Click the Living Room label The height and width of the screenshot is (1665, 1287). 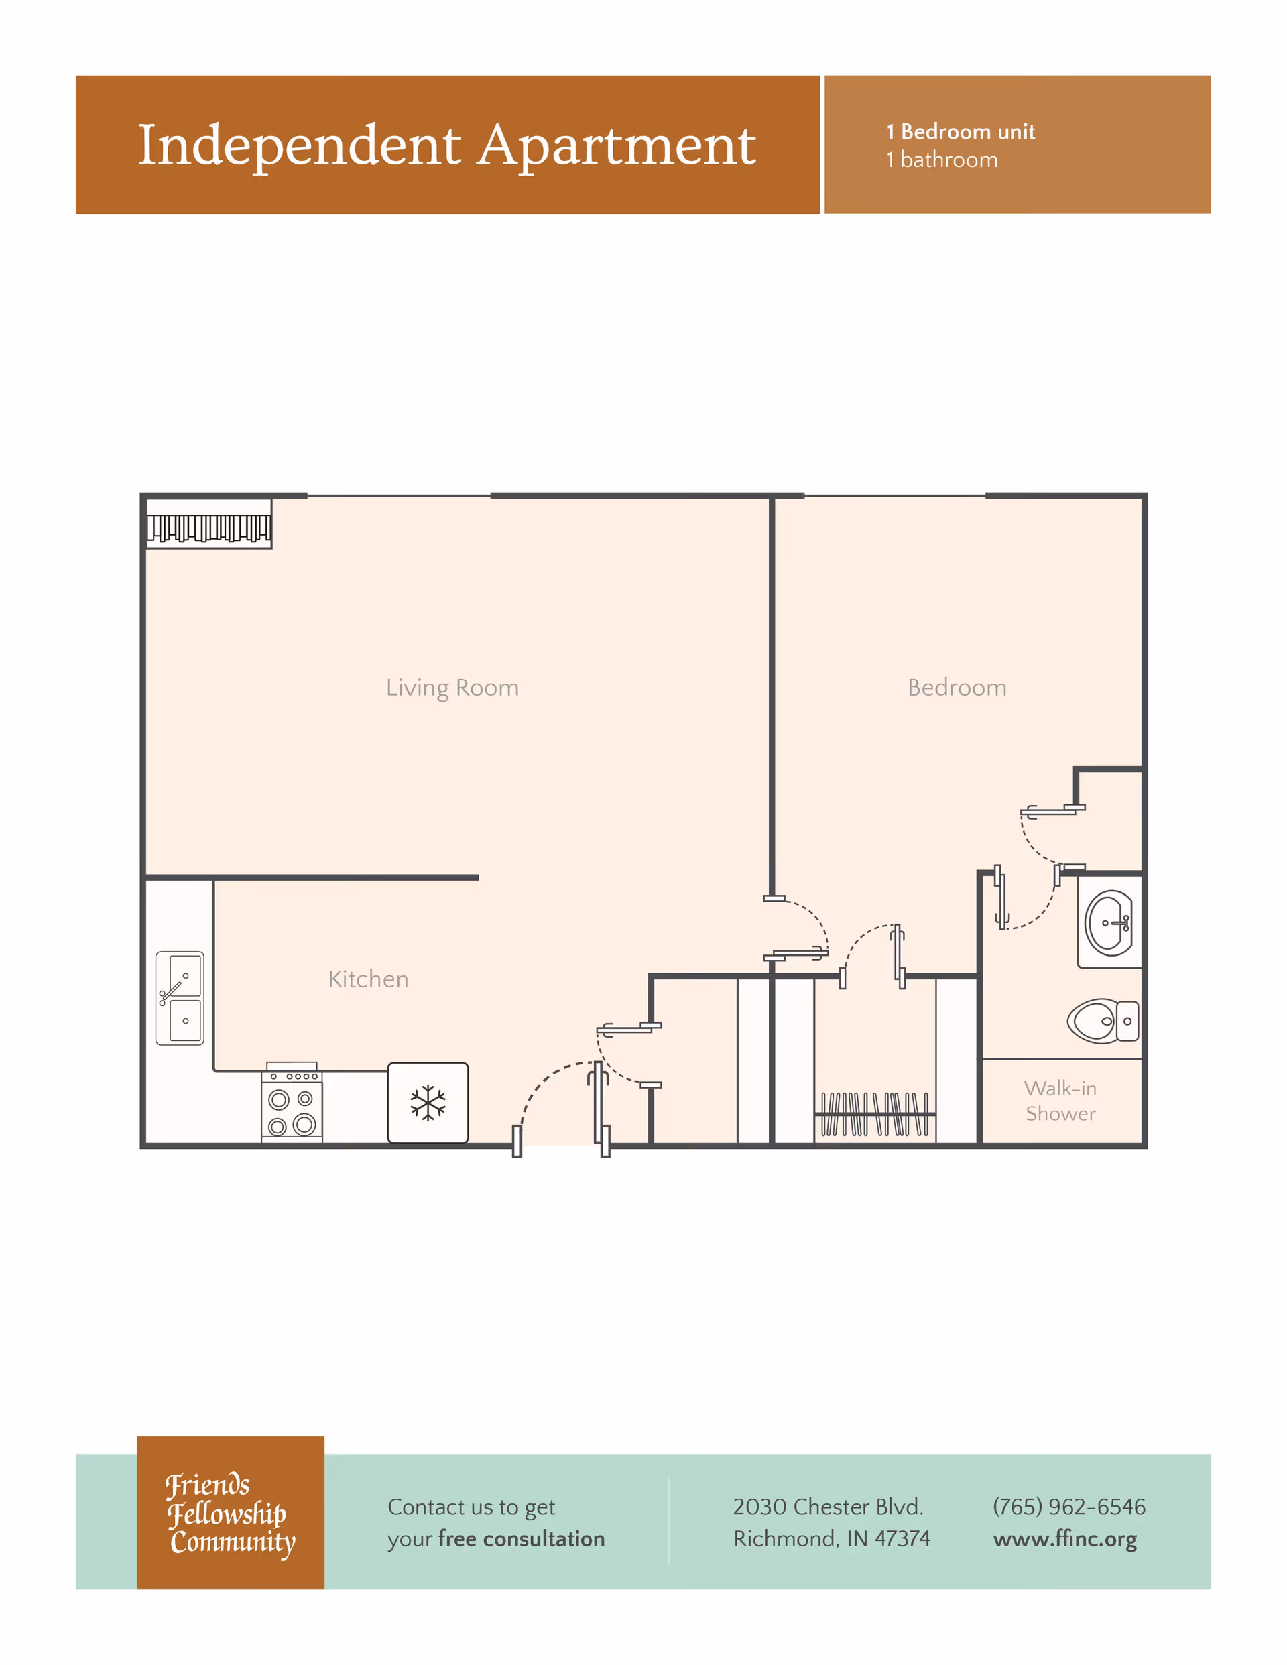point(452,688)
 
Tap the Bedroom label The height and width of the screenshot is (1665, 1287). point(957,688)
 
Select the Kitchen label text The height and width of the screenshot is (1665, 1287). point(368,979)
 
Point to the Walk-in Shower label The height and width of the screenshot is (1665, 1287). point(1060,1101)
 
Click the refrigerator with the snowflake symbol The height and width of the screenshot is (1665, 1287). point(428,1103)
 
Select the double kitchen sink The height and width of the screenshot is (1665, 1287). point(179,998)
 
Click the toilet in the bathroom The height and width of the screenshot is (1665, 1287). point(1102,1021)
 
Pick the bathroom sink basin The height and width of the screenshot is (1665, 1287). point(1109,923)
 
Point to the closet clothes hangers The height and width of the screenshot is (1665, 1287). point(875,1115)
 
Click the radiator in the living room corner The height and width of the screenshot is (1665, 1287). point(208,527)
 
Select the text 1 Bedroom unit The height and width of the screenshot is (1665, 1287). point(960,132)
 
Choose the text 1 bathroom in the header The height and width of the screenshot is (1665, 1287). point(942,160)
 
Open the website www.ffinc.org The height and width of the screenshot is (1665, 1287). point(1064,1538)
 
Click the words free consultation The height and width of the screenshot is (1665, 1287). point(522,1538)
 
